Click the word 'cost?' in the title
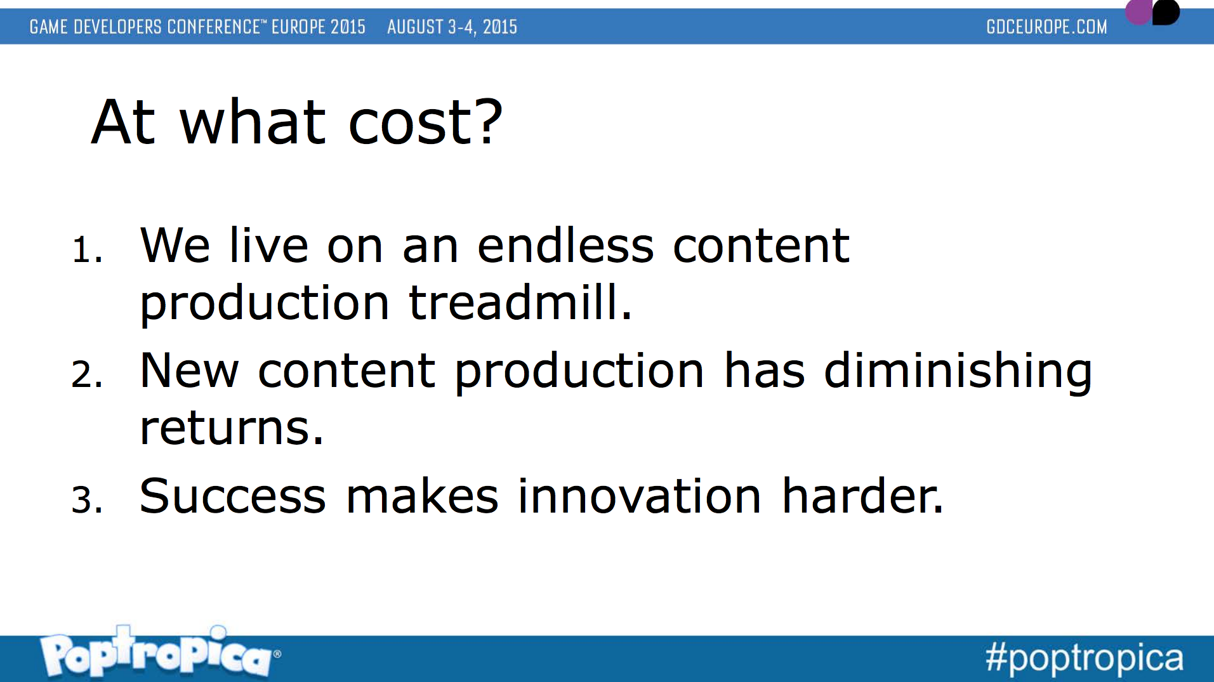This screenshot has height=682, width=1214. point(425,122)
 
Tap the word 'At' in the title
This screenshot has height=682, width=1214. point(124,122)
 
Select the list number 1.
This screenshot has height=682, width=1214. point(87,249)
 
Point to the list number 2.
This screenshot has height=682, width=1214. point(87,374)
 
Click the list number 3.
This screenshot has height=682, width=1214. point(87,499)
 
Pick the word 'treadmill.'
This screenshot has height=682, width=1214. point(520,302)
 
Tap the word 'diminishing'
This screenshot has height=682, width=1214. point(958,372)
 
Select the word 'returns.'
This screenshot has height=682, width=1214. point(232,428)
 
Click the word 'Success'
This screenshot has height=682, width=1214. point(233,496)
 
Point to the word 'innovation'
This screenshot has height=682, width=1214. point(639,495)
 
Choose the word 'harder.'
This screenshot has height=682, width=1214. point(862,495)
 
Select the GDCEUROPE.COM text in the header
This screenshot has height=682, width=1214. point(1046,27)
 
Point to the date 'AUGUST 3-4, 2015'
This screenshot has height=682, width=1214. point(452,27)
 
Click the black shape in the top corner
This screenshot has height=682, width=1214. point(1166,11)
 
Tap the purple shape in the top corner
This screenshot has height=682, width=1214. point(1138,11)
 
